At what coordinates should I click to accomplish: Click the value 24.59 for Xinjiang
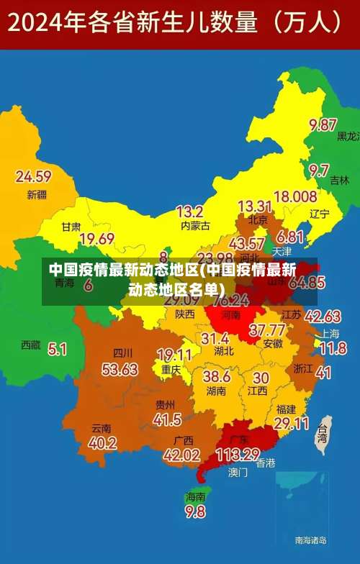33,176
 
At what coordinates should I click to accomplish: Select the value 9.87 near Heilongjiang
323,124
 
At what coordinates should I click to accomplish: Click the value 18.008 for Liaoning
295,196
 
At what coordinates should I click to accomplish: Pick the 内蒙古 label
195,226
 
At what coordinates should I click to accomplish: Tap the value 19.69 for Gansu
97,239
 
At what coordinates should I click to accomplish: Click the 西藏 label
31,345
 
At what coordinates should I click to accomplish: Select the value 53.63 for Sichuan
120,370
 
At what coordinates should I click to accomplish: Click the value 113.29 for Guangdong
238,455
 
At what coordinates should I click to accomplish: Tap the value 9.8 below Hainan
195,512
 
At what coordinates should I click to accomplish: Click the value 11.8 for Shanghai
333,349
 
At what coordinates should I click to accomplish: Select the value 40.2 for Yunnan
102,443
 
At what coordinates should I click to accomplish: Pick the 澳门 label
238,473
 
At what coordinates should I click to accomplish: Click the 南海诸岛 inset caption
310,540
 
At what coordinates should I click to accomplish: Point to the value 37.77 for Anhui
266,330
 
